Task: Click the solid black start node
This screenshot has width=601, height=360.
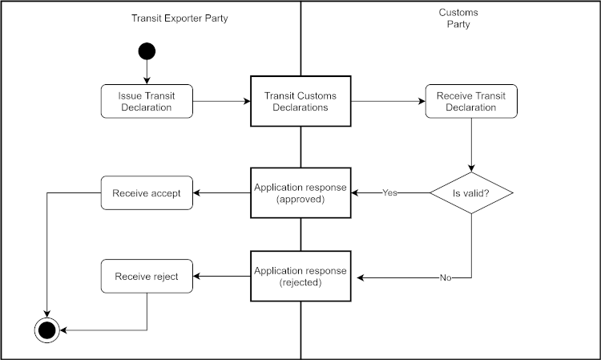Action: [x=147, y=51]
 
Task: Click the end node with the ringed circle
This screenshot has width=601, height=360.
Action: [x=46, y=329]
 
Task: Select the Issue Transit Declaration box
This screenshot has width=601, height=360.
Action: [x=147, y=101]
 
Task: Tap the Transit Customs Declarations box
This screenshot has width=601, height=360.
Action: [x=300, y=101]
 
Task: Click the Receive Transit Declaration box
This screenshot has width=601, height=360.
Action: [x=470, y=101]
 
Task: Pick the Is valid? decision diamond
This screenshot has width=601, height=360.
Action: [x=470, y=193]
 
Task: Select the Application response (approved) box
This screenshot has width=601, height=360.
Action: [x=300, y=193]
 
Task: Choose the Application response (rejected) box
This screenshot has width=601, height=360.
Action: [x=300, y=277]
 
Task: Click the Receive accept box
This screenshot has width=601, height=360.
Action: [x=147, y=193]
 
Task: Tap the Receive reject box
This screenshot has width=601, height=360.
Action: [x=147, y=277]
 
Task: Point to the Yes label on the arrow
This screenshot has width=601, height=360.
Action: [x=390, y=193]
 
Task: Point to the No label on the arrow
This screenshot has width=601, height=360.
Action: [x=446, y=277]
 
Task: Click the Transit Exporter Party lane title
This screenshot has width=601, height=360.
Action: [x=179, y=18]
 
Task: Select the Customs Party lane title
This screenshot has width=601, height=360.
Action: [x=458, y=18]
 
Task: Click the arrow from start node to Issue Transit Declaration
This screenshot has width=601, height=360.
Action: [x=147, y=71]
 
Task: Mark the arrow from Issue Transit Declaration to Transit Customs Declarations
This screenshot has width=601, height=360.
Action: [x=222, y=102]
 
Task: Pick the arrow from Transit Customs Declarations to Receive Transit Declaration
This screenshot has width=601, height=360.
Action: [x=387, y=102]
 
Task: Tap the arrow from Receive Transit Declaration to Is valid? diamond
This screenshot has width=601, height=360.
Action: [x=470, y=144]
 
